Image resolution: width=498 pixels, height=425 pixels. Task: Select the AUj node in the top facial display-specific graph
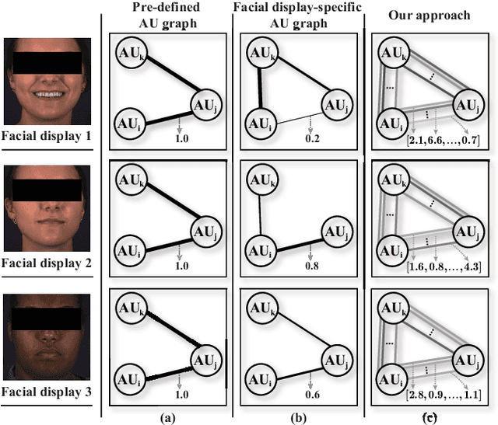tap(342, 103)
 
